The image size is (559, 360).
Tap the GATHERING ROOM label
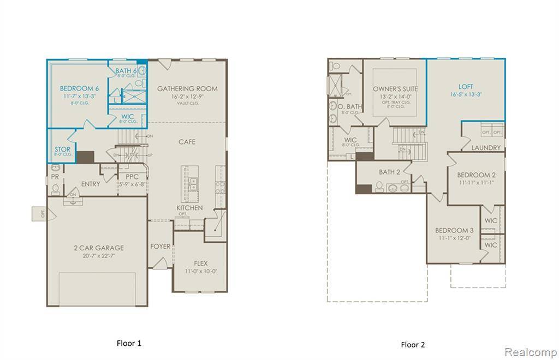(187, 88)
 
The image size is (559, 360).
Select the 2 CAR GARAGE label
(99, 248)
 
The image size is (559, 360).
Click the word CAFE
(187, 142)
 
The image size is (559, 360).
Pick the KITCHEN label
(189, 208)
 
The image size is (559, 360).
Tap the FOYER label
(160, 247)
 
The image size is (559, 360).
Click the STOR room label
(62, 149)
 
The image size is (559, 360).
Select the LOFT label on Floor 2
(466, 87)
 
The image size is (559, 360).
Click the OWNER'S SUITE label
(395, 88)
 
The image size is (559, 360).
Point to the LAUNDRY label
(486, 148)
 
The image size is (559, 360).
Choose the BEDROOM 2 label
(476, 175)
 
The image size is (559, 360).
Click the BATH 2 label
(390, 172)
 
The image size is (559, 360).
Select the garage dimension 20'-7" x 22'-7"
(99, 256)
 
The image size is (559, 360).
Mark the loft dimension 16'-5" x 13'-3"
(466, 94)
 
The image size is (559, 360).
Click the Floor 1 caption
(129, 343)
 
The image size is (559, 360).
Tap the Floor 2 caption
(413, 344)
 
